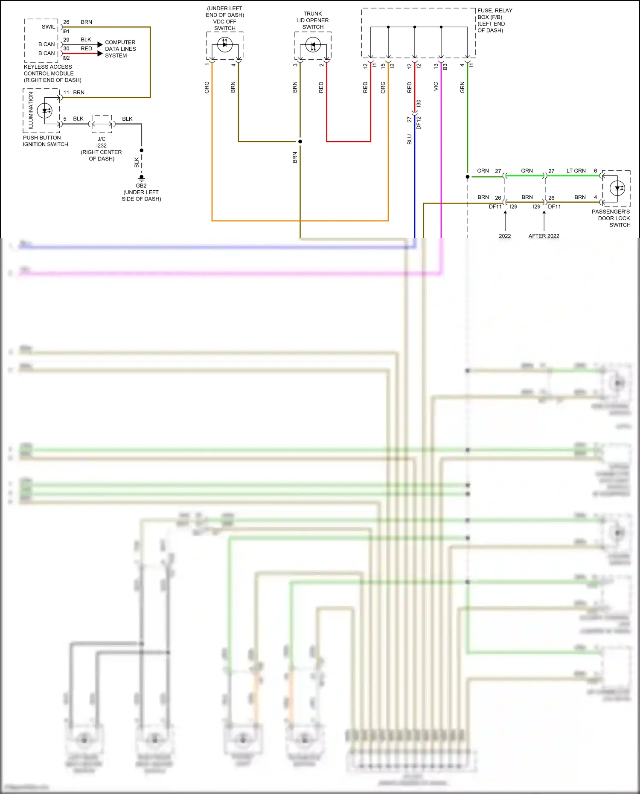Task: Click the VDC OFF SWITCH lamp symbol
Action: [x=225, y=44]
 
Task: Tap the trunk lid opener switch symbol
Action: [x=313, y=45]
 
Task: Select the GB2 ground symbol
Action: [x=141, y=177]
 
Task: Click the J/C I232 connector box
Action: [x=102, y=124]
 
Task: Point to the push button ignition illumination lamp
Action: [x=45, y=111]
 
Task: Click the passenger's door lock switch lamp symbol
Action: [x=617, y=188]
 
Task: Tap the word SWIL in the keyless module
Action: [x=48, y=27]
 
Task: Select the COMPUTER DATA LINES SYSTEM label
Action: [x=120, y=49]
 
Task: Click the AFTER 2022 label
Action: [x=544, y=236]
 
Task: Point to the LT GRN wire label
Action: [x=576, y=171]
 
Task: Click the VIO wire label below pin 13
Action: [x=436, y=87]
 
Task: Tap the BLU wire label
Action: [x=409, y=140]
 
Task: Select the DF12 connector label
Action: [x=419, y=123]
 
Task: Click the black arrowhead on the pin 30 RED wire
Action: [x=100, y=53]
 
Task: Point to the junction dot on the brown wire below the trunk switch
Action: [x=300, y=142]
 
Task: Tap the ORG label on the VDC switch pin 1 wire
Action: [x=207, y=87]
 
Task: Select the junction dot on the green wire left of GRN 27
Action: [x=468, y=177]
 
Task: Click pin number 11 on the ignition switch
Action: [x=66, y=93]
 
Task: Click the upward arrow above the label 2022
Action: [x=505, y=214]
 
